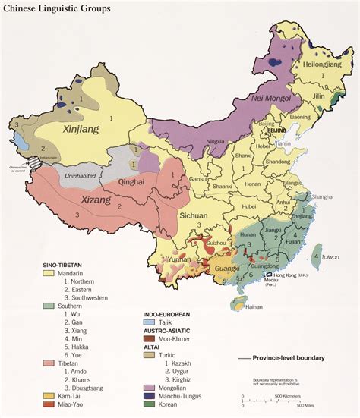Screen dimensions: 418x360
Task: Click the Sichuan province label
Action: (x=194, y=215)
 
